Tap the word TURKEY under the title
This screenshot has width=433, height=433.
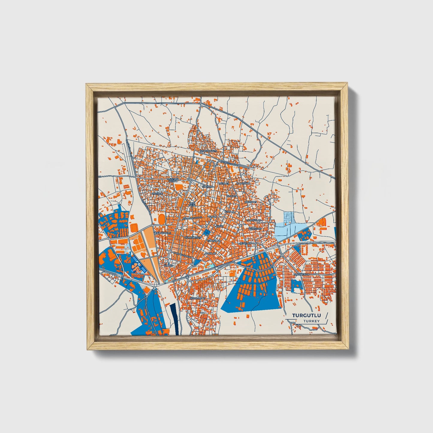(x=311, y=321)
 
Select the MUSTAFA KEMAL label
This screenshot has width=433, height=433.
(x=173, y=180)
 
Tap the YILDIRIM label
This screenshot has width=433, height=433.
(x=207, y=186)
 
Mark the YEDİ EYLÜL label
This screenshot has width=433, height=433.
(x=192, y=204)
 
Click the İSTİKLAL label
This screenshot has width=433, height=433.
(x=230, y=212)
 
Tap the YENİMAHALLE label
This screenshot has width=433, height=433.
(x=162, y=233)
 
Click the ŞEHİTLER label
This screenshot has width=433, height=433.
(x=245, y=243)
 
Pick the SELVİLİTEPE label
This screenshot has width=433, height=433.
(x=197, y=298)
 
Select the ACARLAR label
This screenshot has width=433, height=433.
(x=210, y=254)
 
